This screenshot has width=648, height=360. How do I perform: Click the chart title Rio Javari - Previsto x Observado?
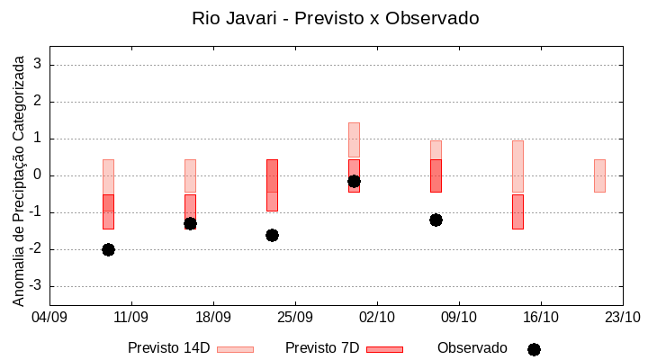pos(335,18)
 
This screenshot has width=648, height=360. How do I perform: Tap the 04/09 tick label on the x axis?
pos(49,317)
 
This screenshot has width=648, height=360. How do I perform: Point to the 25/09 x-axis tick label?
pos(294,317)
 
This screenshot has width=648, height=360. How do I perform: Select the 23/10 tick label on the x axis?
pos(622,317)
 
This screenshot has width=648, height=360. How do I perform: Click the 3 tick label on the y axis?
pos(38,65)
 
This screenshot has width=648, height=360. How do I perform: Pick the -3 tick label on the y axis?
pos(35,286)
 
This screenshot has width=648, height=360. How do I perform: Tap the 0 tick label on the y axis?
pos(38,175)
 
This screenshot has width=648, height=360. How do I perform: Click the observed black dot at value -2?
pos(108,249)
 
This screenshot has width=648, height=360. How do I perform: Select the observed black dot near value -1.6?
pos(272,235)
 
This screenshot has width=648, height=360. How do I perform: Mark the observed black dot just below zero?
pos(354,181)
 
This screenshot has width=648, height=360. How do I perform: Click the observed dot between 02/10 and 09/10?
pos(436,220)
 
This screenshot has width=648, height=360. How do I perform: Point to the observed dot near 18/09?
pos(190,223)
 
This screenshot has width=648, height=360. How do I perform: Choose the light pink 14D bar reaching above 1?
pos(354,139)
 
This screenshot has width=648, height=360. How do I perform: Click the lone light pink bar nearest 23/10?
pos(599,175)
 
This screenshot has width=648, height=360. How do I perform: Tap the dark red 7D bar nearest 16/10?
pos(517,211)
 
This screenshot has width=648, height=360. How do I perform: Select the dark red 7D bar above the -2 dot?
pos(108,211)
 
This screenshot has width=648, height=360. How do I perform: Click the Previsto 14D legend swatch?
pos(235,349)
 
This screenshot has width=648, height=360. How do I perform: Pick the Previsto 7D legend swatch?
pos(384,349)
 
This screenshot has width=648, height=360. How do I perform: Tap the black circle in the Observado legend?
pos(534,349)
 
